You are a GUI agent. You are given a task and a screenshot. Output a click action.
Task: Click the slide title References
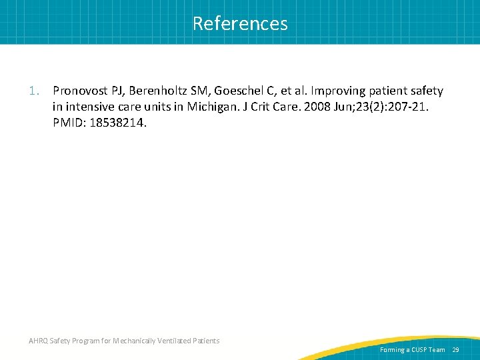[x=240, y=23]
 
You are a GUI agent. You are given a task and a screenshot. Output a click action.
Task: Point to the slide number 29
[x=456, y=349]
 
